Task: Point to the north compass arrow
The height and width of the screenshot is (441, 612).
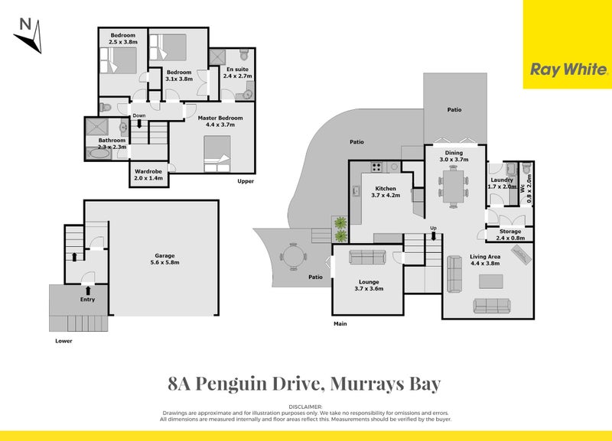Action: click(x=28, y=35)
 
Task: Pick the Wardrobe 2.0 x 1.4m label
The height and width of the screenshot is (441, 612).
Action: click(x=148, y=175)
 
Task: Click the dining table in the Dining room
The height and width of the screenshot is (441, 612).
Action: click(x=454, y=187)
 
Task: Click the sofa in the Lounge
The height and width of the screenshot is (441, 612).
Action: click(x=368, y=257)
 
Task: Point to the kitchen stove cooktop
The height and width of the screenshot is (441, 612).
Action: click(x=376, y=167)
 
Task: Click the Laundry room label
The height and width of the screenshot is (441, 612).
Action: click(x=502, y=183)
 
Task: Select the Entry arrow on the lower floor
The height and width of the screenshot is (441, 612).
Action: click(x=89, y=290)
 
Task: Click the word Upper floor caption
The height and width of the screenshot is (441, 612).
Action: click(x=246, y=181)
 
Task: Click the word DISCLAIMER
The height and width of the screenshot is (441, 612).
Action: click(x=306, y=407)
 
